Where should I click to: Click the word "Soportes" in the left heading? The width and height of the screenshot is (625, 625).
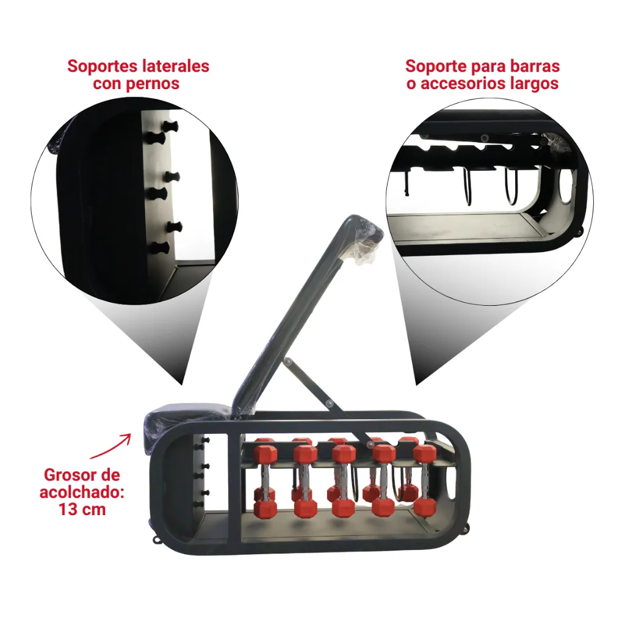click(x=99, y=66)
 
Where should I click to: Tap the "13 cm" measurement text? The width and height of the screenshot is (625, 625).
click(x=82, y=510)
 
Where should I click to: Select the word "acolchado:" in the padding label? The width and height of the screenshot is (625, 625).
click(x=82, y=493)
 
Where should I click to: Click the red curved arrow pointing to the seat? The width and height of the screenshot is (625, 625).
click(x=110, y=446)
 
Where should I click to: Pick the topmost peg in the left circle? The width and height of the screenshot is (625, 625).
click(x=171, y=127)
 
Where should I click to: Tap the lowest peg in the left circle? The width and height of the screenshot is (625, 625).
click(x=159, y=248)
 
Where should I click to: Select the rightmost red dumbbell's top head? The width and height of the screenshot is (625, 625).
click(x=425, y=453)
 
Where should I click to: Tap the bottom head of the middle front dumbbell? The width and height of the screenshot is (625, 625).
click(x=343, y=508)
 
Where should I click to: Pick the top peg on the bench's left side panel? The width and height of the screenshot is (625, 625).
click(x=206, y=439)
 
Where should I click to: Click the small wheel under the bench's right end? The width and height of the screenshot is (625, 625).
click(x=464, y=529)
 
